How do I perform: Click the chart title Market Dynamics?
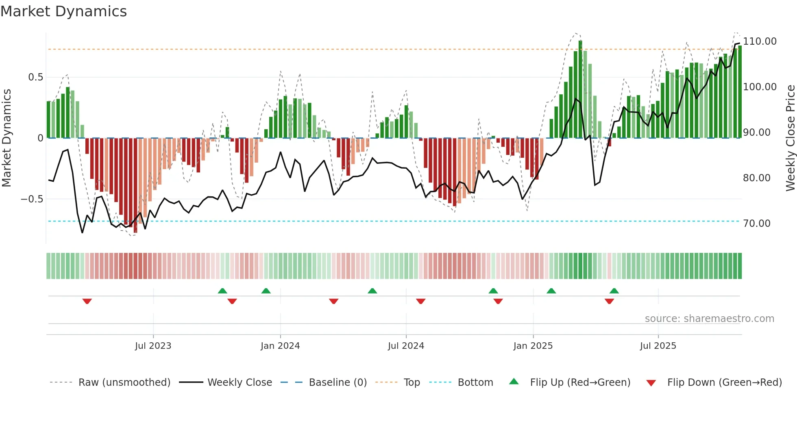coord(63,11)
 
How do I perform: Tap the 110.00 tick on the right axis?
coord(760,41)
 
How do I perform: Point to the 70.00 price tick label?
coord(756,224)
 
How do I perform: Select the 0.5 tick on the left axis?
coord(35,77)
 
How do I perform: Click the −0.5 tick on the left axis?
coord(32,199)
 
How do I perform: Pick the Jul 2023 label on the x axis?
coord(153,346)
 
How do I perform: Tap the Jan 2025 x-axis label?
coord(533,346)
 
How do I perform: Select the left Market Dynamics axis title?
coord(7,138)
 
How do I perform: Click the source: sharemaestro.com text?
coord(709,319)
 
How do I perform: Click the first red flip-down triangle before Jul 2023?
coord(87,301)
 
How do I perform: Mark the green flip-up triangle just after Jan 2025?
coord(551,291)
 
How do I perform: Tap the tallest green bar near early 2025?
coord(580,89)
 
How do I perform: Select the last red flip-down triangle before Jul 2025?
coord(609,301)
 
